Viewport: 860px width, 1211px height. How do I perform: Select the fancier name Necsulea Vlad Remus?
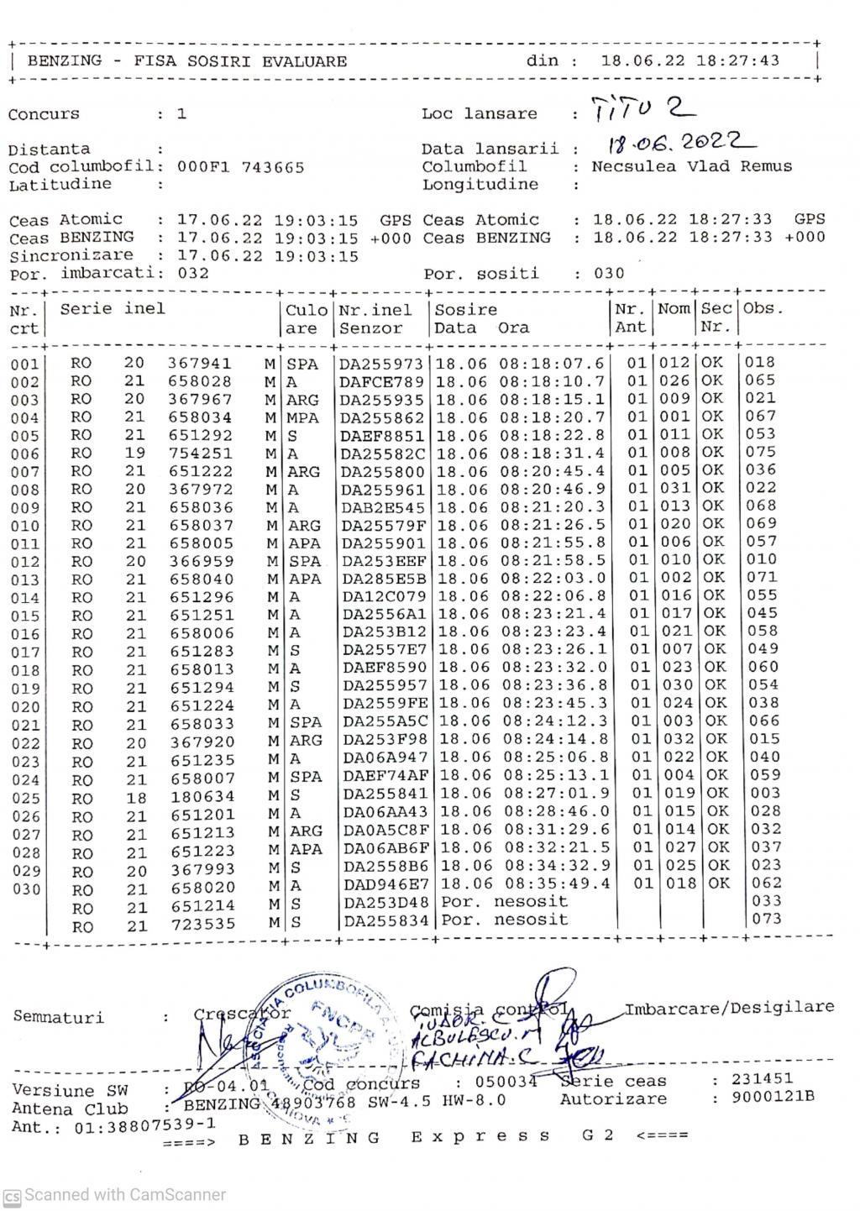[x=691, y=166]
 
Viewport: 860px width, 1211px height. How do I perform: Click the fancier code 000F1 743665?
[x=240, y=167]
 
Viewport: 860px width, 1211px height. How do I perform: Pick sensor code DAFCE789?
[x=382, y=381]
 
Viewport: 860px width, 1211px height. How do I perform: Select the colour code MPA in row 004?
[x=302, y=417]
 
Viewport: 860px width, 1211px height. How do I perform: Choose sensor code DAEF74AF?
[x=385, y=776]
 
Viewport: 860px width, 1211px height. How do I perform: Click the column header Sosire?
[x=466, y=309]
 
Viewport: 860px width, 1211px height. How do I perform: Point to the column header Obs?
[x=763, y=308]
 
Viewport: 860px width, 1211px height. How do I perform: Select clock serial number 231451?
[x=762, y=1079]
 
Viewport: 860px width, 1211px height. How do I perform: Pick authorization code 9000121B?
[x=773, y=1097]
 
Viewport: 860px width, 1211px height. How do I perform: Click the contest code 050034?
[x=506, y=1082]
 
